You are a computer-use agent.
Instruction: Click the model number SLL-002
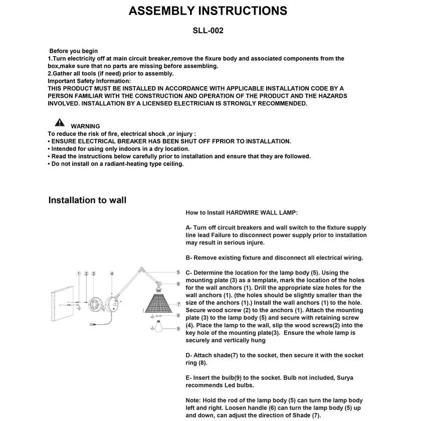[x=208, y=31]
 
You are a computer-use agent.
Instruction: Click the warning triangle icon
[x=60, y=122]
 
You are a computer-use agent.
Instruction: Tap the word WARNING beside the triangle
[x=85, y=126]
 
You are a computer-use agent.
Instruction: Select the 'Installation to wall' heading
[x=87, y=200]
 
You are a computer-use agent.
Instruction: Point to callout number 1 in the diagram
[x=79, y=274]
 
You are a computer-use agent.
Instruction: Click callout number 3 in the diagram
[x=94, y=274]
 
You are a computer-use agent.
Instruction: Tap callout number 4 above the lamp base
[x=112, y=274]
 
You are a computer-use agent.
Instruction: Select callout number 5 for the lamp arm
[x=178, y=272]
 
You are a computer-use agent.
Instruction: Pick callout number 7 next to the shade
[x=178, y=304]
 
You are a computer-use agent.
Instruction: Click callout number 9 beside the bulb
[x=178, y=328]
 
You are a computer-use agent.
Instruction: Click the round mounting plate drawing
[x=94, y=304]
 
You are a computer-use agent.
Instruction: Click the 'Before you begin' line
[x=73, y=51]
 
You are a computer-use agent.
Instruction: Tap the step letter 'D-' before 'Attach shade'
[x=189, y=355]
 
